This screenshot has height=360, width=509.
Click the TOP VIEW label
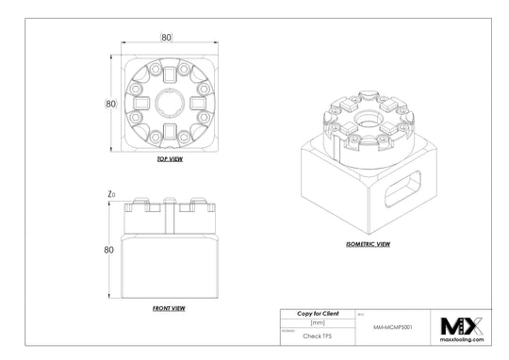[x=170, y=159]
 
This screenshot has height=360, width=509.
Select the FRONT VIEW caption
[x=169, y=308]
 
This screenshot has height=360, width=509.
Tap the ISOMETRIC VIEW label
[x=368, y=244]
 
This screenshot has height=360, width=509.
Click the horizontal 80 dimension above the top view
[x=166, y=38]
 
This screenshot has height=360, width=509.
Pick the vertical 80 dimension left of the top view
[x=110, y=103]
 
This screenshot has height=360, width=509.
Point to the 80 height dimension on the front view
[x=109, y=250]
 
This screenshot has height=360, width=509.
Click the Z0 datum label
[x=112, y=194]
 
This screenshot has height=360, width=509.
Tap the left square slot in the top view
[x=140, y=103]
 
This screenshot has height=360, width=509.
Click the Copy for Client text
[x=318, y=314]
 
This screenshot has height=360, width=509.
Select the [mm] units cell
[x=318, y=322]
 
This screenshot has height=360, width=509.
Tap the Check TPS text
[x=318, y=335]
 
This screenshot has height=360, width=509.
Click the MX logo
[x=462, y=326]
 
